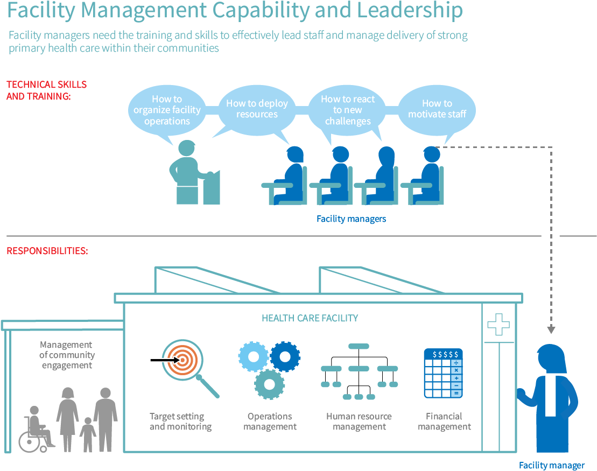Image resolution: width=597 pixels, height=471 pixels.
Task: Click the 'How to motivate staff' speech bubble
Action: pos(437,109)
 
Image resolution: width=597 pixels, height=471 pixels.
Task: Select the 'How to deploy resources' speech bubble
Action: pos(257,109)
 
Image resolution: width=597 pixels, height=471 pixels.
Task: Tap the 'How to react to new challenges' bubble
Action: pos(348,110)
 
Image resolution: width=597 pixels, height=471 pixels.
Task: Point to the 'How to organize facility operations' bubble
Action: pos(167,110)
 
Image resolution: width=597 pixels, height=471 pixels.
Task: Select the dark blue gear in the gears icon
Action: pos(285,356)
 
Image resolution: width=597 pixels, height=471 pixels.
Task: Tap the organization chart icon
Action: pos(359,371)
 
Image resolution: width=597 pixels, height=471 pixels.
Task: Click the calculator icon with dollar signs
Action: pos(443,373)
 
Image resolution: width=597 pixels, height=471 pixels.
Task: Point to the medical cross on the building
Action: pos(498,324)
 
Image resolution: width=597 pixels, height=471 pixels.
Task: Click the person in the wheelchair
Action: pos(36,429)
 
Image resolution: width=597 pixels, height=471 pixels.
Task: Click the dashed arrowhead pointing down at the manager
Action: pos(551,329)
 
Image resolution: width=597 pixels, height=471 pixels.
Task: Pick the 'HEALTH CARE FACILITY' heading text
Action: pos(310,318)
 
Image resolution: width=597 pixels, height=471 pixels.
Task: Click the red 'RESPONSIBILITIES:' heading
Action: pos(47,251)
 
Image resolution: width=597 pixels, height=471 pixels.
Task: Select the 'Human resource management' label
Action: pos(359,421)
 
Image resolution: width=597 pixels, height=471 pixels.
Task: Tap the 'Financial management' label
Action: pos(444,421)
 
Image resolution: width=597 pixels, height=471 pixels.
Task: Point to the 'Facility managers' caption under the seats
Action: pos(351,219)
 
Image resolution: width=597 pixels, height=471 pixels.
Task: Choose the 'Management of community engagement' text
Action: pos(66,355)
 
